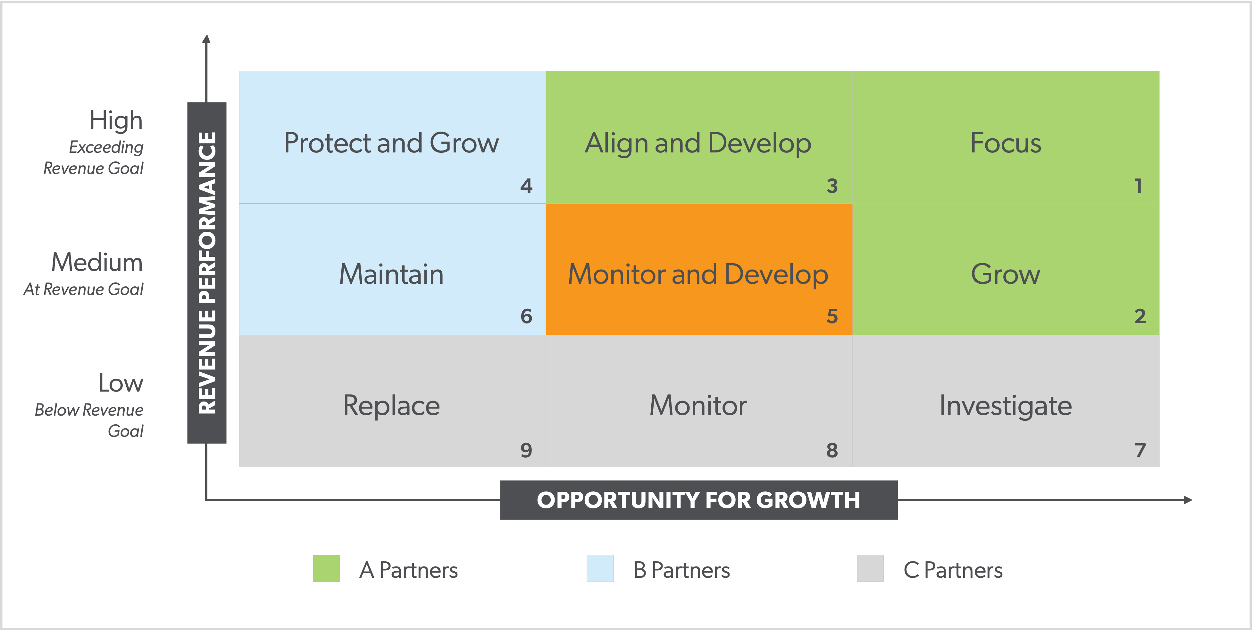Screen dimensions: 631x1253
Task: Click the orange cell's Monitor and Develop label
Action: tap(698, 274)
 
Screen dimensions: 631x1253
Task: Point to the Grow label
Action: tap(1006, 274)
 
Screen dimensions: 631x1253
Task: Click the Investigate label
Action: tap(1006, 406)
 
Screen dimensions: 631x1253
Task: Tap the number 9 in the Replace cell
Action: tap(526, 450)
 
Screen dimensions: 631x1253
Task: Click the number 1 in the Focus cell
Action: tap(1138, 186)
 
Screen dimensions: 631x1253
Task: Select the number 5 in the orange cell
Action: tap(832, 316)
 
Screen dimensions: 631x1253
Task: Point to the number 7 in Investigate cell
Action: tap(1140, 450)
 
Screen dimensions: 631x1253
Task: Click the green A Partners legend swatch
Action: tap(326, 568)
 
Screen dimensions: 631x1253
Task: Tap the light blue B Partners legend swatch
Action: tap(600, 568)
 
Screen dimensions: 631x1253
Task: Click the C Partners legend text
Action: tap(953, 570)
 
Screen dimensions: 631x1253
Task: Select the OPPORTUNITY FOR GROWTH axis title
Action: tap(698, 500)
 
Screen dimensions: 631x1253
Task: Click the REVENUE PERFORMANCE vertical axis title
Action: tap(207, 273)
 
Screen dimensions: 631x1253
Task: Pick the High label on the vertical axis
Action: tap(116, 120)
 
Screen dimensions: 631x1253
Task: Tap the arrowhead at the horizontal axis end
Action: tap(1188, 500)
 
